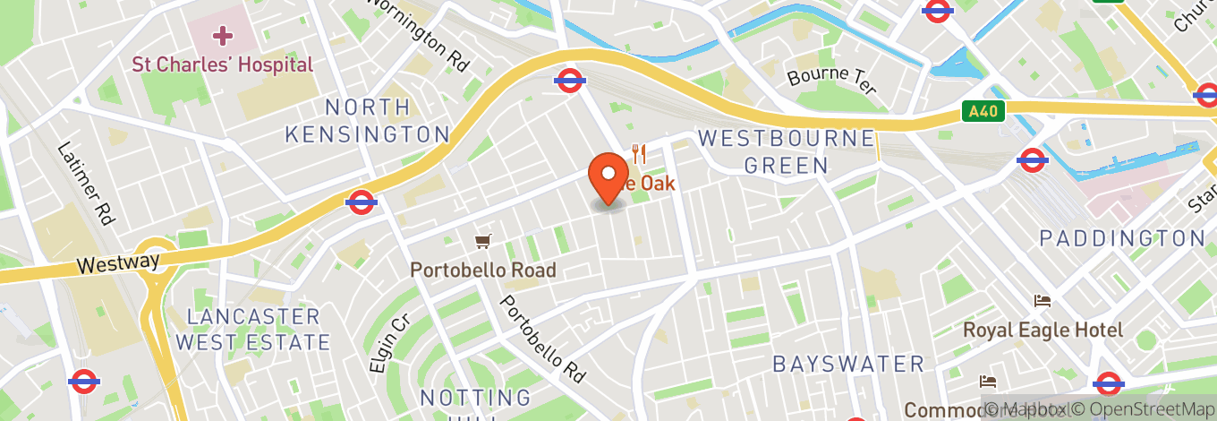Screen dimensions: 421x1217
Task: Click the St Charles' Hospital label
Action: (223, 64)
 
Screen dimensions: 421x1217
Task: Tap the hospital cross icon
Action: (222, 36)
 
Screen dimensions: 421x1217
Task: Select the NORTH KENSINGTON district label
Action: (367, 122)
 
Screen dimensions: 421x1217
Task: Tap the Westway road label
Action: (117, 263)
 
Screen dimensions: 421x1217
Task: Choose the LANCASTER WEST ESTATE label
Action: (252, 330)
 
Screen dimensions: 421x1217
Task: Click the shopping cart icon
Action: (483, 241)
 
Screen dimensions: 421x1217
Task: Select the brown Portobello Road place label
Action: (483, 270)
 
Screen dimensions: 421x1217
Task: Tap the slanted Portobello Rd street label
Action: (544, 334)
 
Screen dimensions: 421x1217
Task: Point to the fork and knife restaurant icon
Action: (638, 153)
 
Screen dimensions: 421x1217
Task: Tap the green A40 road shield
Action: (985, 112)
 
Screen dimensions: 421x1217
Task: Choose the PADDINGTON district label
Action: (1122, 238)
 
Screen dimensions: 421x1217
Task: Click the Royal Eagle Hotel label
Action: (1043, 330)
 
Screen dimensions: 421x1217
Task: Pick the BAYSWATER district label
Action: (848, 364)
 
